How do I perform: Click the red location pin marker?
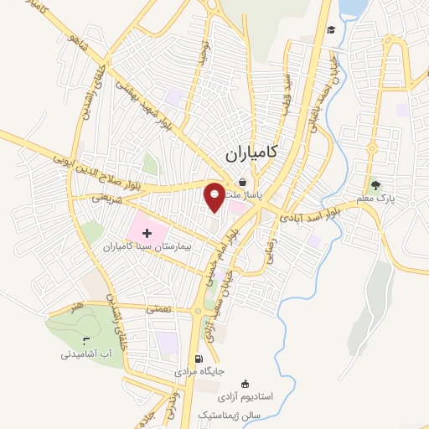(x=215, y=197)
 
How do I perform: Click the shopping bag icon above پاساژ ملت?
(x=242, y=181)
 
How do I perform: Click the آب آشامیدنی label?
(x=87, y=354)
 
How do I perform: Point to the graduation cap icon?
(x=331, y=30)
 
